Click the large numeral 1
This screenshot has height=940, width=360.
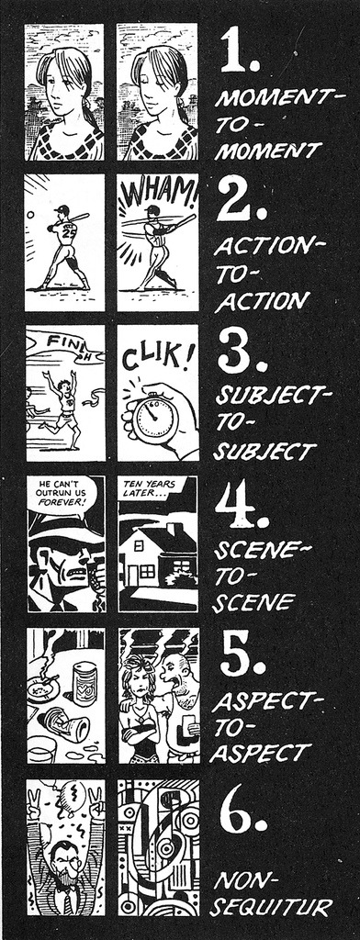pyautogui.click(x=234, y=50)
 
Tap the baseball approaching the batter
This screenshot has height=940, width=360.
pyautogui.click(x=30, y=214)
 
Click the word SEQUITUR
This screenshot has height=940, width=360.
pyautogui.click(x=271, y=906)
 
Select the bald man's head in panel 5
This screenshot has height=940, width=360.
pyautogui.click(x=175, y=671)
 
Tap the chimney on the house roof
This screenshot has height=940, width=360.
pyautogui.click(x=173, y=529)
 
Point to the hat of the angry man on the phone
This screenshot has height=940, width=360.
pyautogui.click(x=60, y=531)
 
